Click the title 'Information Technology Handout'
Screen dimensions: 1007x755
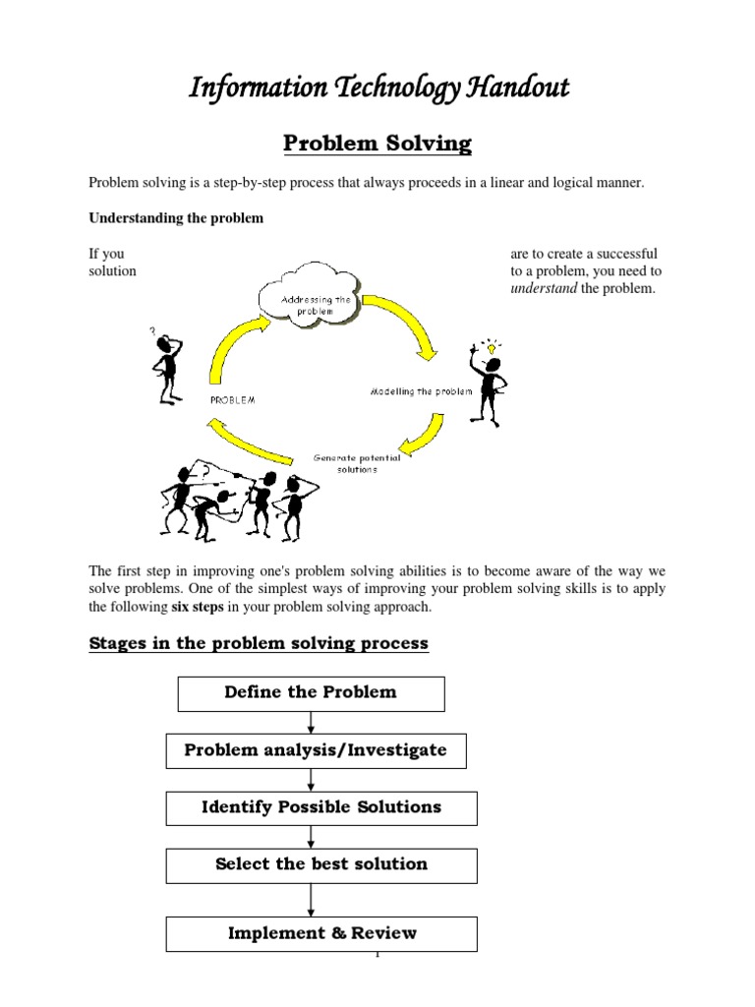(378, 89)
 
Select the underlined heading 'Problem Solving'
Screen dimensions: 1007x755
(377, 145)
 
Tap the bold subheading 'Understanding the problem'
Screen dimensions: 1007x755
(176, 217)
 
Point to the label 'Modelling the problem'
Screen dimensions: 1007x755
(421, 390)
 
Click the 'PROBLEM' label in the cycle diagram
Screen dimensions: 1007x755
(233, 399)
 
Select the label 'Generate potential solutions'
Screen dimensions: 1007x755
(350, 463)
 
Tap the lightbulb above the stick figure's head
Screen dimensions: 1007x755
(489, 347)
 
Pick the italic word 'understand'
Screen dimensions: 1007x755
(540, 288)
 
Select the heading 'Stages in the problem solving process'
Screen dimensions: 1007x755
(259, 643)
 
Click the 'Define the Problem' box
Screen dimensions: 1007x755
(311, 692)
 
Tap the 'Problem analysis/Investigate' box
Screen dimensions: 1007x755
(315, 750)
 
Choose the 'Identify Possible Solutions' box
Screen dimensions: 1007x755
(320, 807)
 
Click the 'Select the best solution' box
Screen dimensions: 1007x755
(320, 865)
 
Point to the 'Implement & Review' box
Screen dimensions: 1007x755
(321, 933)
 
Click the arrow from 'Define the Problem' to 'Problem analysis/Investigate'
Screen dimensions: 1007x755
(312, 722)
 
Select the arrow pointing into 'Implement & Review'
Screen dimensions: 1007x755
(312, 899)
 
